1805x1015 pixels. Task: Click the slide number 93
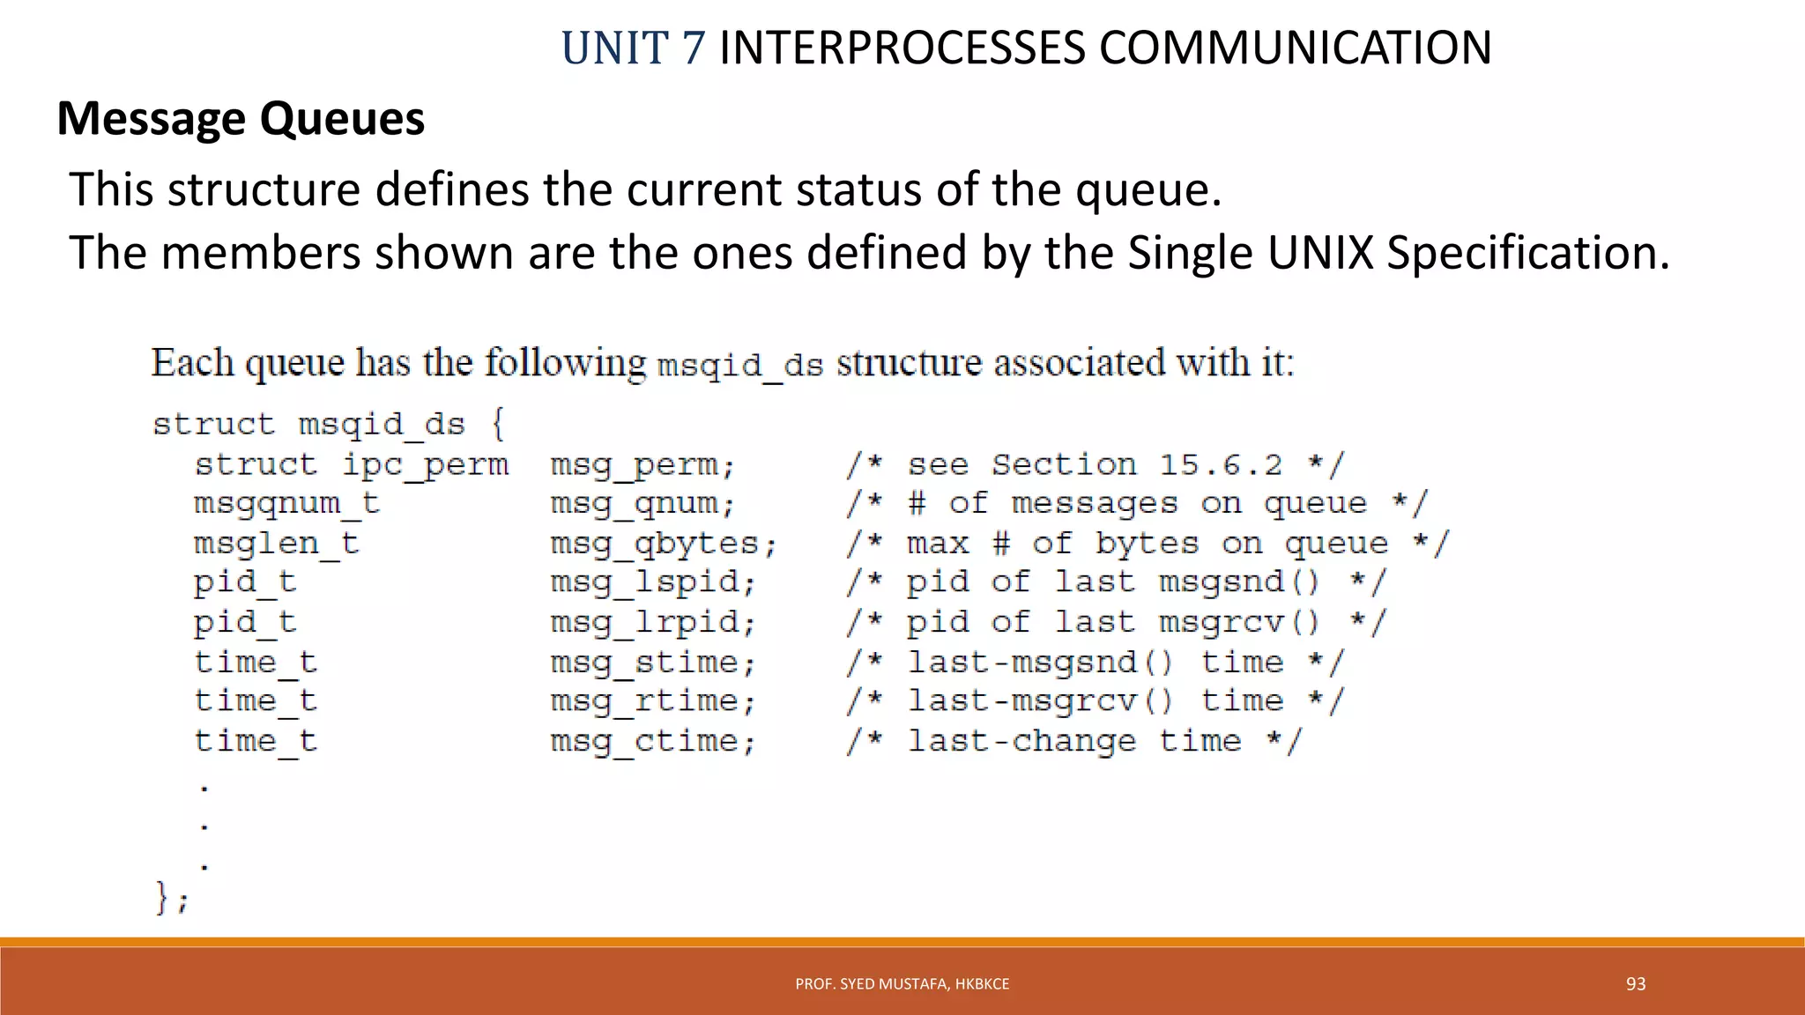click(1635, 984)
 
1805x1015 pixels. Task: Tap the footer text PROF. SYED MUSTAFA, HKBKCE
click(902, 984)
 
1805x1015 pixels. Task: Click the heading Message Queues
click(241, 119)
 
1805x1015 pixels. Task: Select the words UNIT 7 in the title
click(633, 48)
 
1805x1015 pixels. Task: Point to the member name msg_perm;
click(643, 465)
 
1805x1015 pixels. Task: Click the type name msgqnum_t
click(286, 504)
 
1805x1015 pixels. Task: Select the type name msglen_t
click(276, 544)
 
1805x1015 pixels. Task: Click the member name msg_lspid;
click(653, 582)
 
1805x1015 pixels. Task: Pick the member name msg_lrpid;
click(653, 623)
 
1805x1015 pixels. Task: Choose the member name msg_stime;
click(653, 663)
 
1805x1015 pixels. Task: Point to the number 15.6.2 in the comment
click(1221, 465)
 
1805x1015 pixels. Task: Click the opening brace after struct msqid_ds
click(498, 424)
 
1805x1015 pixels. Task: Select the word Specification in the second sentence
click(1527, 254)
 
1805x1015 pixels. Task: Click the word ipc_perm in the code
click(425, 465)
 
